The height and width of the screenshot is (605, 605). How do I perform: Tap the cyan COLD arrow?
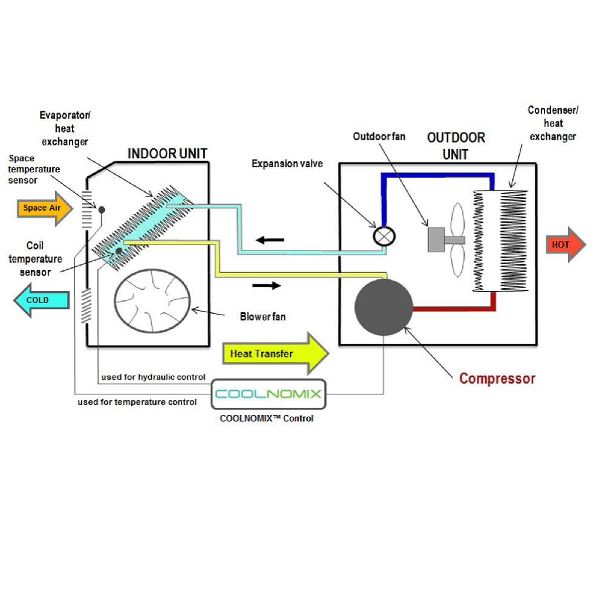39,301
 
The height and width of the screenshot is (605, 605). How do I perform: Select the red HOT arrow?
565,245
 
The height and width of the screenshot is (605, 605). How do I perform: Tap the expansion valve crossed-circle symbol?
383,235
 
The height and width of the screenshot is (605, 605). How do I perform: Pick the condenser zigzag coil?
501,241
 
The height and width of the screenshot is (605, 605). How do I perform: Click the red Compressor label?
497,379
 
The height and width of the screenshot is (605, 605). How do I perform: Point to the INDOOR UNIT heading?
167,154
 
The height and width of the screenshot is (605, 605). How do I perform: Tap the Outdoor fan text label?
379,137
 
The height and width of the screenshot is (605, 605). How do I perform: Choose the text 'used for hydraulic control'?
153,378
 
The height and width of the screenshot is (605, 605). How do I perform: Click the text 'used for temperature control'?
137,402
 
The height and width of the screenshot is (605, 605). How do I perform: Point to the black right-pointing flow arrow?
266,285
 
